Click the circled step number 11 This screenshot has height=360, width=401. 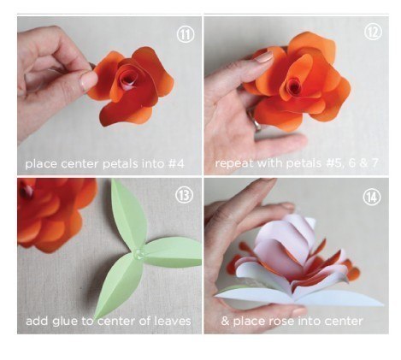(x=186, y=34)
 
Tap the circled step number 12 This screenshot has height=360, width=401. (x=373, y=32)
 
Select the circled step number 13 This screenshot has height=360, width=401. (x=184, y=195)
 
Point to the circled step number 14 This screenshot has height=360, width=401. (x=372, y=197)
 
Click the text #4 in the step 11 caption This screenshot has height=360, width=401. (x=176, y=163)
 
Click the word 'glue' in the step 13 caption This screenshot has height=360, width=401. (x=65, y=322)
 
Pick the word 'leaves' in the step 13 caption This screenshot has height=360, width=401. (x=173, y=321)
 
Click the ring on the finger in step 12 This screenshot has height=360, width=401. (x=257, y=122)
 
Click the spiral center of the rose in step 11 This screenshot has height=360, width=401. (x=127, y=78)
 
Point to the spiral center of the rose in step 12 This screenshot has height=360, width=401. (x=293, y=85)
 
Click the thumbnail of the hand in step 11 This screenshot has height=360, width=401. (x=88, y=80)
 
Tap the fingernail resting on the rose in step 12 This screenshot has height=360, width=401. (x=263, y=57)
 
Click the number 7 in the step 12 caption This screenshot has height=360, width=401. (x=374, y=162)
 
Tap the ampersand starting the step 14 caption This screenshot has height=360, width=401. (x=225, y=322)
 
